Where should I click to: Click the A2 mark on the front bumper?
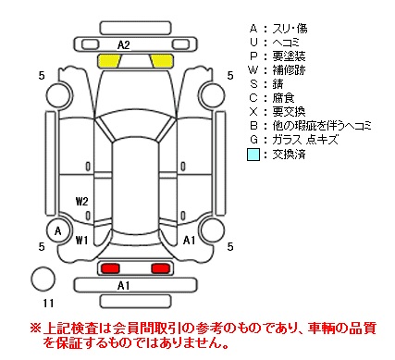[x=124, y=45]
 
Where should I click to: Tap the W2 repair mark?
[x=82, y=202]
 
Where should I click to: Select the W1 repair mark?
[x=81, y=240]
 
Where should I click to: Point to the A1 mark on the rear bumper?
[x=124, y=286]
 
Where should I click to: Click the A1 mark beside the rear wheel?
[x=189, y=240]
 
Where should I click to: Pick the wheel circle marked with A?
[x=58, y=230]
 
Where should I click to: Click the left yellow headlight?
[x=109, y=61]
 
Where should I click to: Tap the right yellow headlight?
[x=162, y=61]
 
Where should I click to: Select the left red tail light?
[x=110, y=268]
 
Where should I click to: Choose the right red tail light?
[x=160, y=268]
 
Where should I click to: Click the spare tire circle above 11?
[x=43, y=279]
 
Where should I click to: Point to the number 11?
[x=48, y=304]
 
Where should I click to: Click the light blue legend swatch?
[x=253, y=155]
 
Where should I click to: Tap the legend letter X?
[x=253, y=111]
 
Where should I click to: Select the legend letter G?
[x=253, y=140]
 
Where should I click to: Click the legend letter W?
[x=253, y=70]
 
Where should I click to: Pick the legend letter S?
[x=253, y=83]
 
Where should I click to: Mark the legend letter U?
[x=253, y=43]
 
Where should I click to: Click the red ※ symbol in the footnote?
[x=35, y=328]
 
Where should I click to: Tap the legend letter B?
[x=253, y=126]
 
